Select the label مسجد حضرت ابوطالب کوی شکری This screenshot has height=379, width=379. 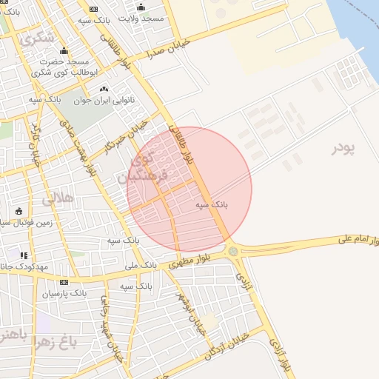coord(64,67)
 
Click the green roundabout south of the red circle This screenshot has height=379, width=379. coord(234,251)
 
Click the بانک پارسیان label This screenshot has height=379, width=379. coord(64,293)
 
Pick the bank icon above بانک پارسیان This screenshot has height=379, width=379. coord(64,282)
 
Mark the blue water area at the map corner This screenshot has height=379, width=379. coord(363,30)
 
